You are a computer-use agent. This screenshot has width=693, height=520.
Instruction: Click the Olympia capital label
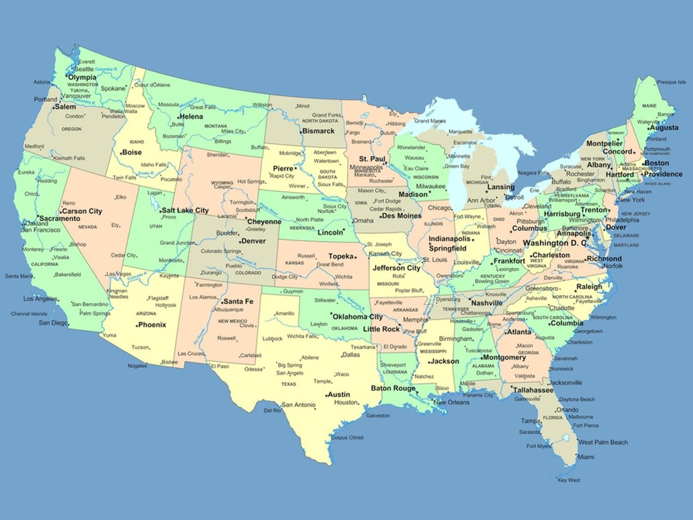click(x=82, y=77)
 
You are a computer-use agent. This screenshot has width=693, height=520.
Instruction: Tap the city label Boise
click(x=132, y=152)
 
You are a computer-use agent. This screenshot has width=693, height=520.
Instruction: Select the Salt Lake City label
click(x=185, y=210)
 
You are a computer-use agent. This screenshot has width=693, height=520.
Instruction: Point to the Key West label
click(x=569, y=480)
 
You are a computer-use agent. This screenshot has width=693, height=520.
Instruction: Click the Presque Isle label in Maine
click(x=671, y=82)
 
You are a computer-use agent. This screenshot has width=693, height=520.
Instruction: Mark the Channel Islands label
click(x=29, y=314)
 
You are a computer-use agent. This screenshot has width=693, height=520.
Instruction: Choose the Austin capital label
click(x=339, y=394)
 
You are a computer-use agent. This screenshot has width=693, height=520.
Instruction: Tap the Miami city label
click(x=586, y=457)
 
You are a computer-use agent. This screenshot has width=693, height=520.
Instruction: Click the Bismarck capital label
click(x=318, y=131)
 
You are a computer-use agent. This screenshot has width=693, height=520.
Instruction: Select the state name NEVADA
click(x=87, y=227)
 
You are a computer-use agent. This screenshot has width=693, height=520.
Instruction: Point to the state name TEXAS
click(x=288, y=384)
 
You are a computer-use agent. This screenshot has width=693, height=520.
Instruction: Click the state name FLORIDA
click(x=553, y=417)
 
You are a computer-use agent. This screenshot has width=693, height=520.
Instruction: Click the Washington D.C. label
click(x=555, y=243)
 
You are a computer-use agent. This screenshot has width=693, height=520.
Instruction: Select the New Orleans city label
click(x=451, y=402)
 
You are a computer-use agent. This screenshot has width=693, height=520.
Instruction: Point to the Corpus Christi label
click(x=347, y=437)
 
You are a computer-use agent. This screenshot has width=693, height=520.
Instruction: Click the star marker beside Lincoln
click(x=344, y=230)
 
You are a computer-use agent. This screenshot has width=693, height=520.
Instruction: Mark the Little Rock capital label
click(x=381, y=329)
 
